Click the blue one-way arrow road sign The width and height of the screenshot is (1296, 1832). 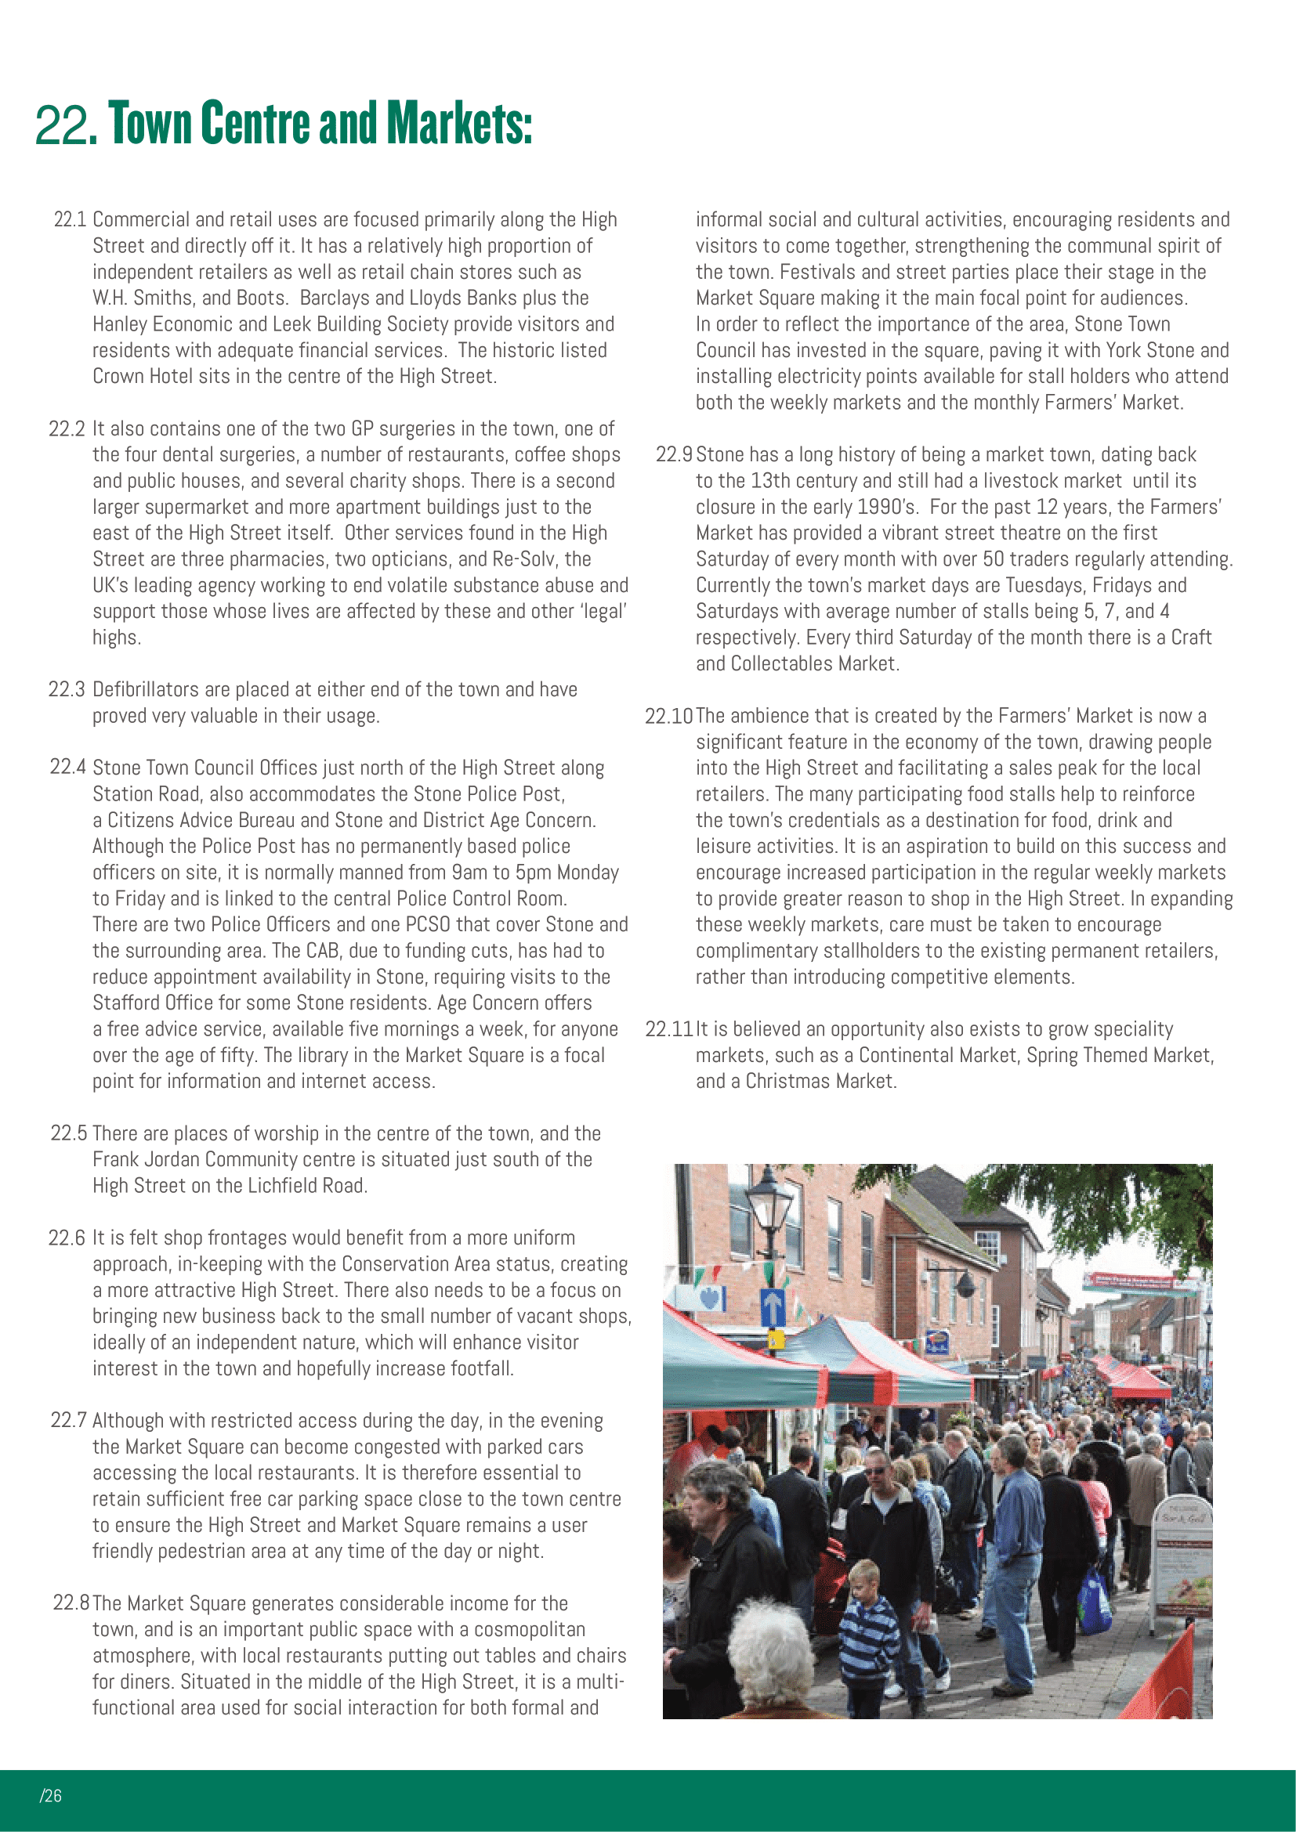(x=772, y=1308)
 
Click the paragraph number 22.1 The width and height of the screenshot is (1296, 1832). (x=70, y=219)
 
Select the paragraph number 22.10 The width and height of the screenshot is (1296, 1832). (x=668, y=717)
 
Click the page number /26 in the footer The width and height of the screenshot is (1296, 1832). (x=50, y=1795)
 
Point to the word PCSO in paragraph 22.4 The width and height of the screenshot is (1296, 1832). (x=429, y=925)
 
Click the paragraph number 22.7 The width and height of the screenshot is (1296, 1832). (x=68, y=1420)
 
